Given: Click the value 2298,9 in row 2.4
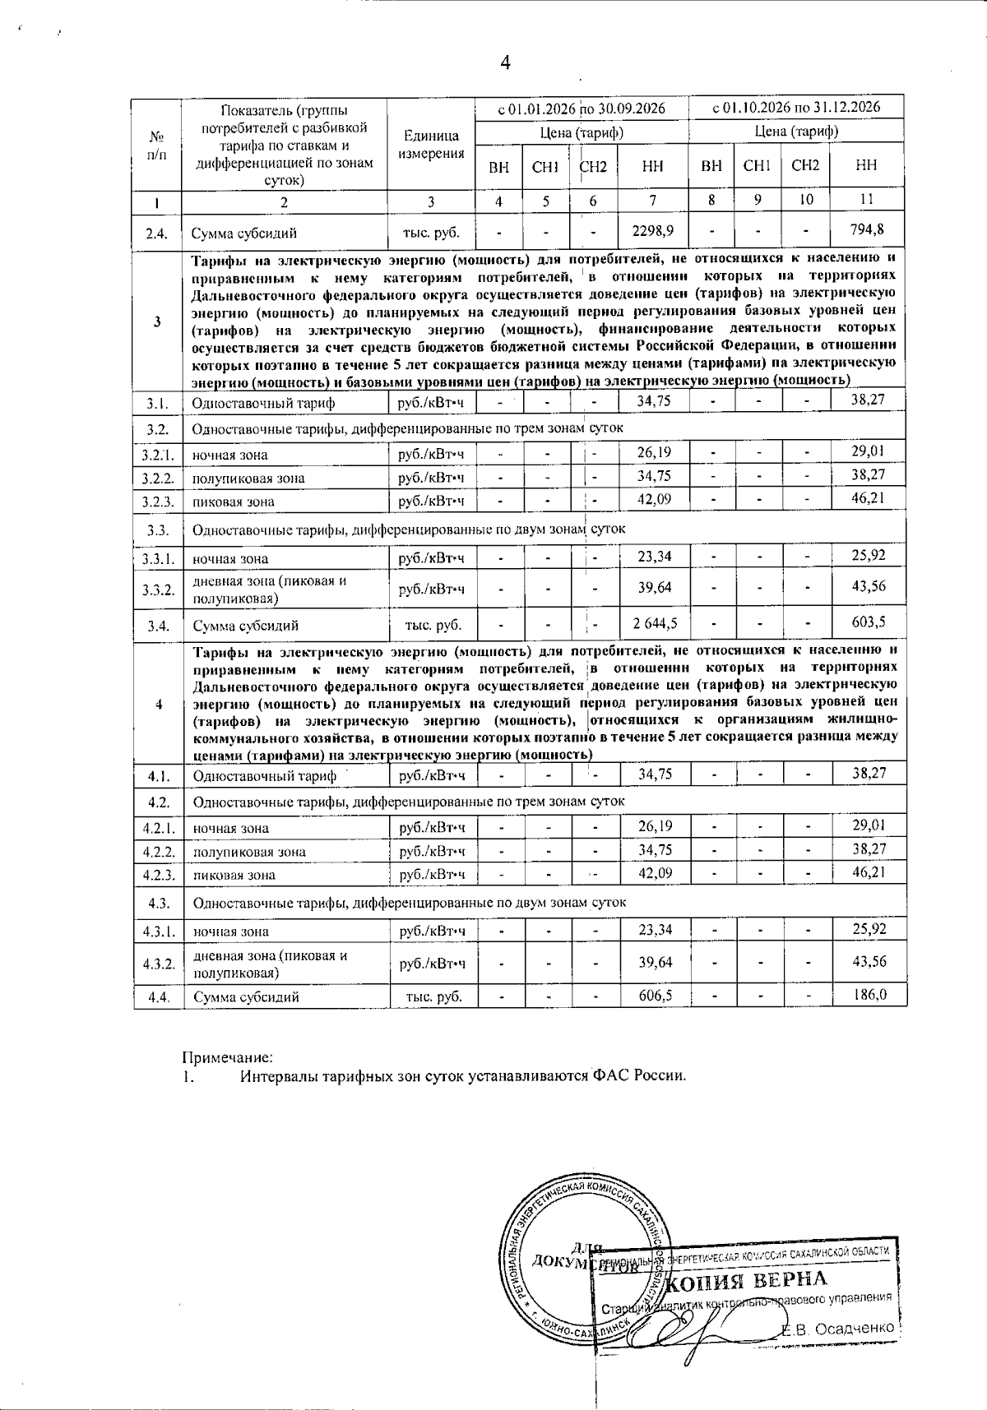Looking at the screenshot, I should [x=653, y=231].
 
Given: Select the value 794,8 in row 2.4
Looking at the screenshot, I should [x=867, y=230].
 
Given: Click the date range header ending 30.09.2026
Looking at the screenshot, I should [x=582, y=108].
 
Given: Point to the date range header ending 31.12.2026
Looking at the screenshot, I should [x=796, y=107].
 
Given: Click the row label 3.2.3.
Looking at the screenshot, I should [x=156, y=502].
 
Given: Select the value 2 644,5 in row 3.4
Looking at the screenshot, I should [x=655, y=623].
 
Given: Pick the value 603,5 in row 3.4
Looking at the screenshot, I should [x=868, y=622].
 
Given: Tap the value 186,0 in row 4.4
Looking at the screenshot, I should [x=869, y=995].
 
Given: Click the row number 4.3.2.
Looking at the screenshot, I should [x=157, y=964].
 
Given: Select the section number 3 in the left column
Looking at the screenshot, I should [x=156, y=321].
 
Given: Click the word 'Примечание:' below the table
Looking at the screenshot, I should [x=227, y=1056].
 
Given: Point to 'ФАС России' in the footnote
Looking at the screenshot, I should [x=637, y=1076].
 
